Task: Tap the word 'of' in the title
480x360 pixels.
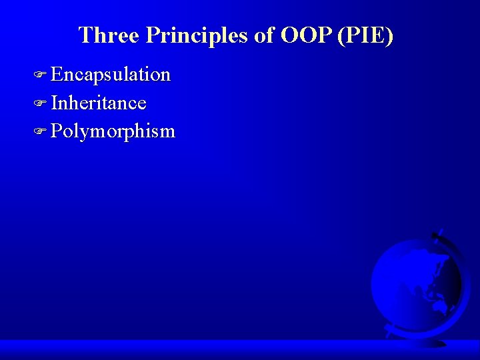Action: pyautogui.click(x=265, y=35)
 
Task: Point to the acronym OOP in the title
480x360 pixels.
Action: pyautogui.click(x=307, y=35)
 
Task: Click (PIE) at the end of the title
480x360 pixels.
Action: pyautogui.click(x=365, y=35)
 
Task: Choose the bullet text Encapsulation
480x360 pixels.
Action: pyautogui.click(x=111, y=75)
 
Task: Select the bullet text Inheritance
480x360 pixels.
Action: pyautogui.click(x=99, y=103)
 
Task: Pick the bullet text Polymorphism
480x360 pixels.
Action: pyautogui.click(x=113, y=131)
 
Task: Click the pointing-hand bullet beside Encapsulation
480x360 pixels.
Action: pyautogui.click(x=40, y=75)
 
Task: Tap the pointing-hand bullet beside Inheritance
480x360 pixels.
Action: pyautogui.click(x=40, y=103)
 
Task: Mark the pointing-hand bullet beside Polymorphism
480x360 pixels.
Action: pyautogui.click(x=40, y=131)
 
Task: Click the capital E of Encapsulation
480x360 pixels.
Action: pyautogui.click(x=57, y=75)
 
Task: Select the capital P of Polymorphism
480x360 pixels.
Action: pyautogui.click(x=57, y=131)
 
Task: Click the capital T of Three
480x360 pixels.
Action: pyautogui.click(x=85, y=35)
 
